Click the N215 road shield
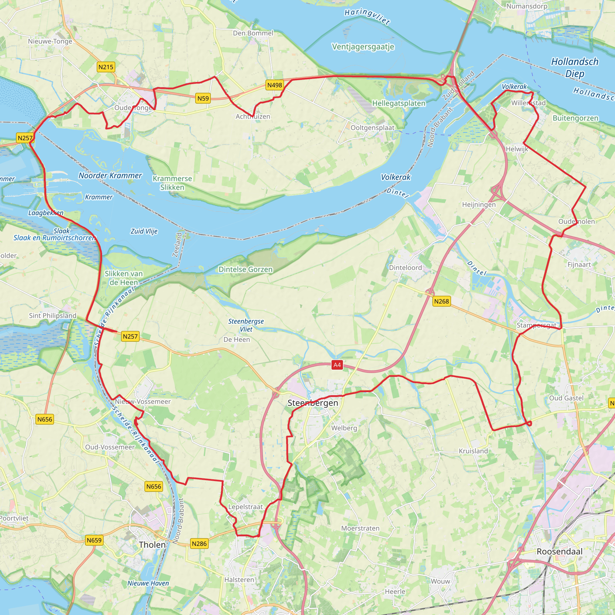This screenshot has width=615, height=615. point(106,67)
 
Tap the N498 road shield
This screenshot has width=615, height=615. point(274,85)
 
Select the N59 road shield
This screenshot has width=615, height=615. point(203,98)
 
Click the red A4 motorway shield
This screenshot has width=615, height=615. point(337,365)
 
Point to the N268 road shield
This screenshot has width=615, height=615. point(441,301)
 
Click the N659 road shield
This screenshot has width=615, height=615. point(94,540)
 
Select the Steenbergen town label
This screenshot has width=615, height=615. point(313,403)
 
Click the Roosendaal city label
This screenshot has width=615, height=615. point(560,552)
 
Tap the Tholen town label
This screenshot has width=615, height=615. point(152,545)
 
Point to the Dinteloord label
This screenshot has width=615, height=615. point(405,268)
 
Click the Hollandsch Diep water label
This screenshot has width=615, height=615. point(574,68)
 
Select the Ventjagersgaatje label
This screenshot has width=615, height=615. point(363,47)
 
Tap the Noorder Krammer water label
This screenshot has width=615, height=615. point(110,175)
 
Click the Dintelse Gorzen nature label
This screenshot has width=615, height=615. point(245,269)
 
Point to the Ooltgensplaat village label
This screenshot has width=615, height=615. point(372,128)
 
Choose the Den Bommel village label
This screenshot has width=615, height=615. point(253,33)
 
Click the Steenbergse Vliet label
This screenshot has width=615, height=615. point(246,325)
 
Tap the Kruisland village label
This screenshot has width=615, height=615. point(473,451)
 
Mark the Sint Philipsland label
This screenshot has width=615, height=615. point(53,316)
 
